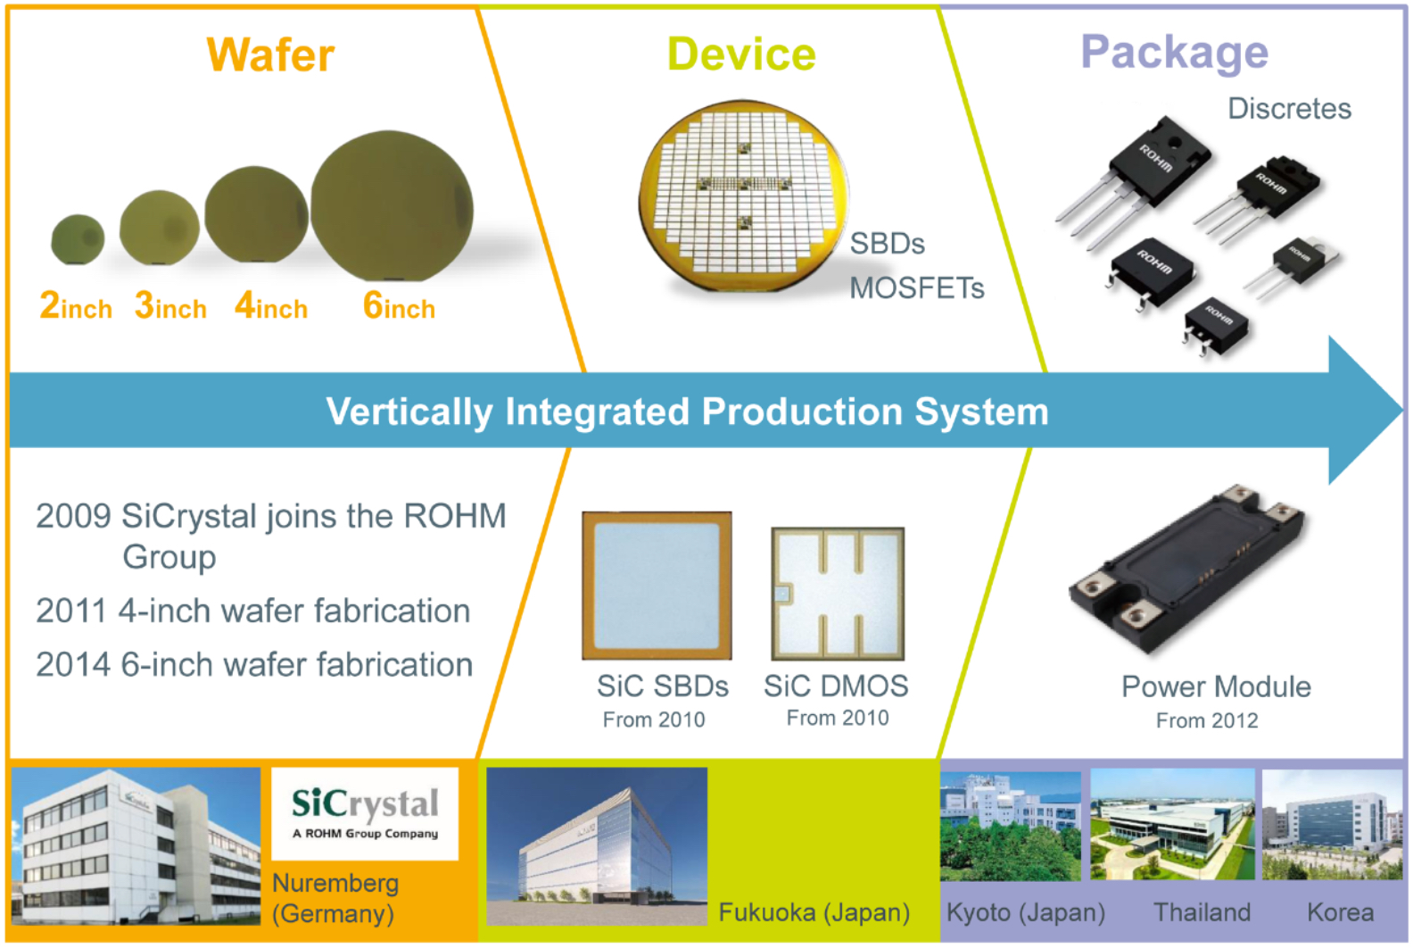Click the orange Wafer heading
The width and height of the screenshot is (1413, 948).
[270, 55]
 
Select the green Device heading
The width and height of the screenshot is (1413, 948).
[741, 54]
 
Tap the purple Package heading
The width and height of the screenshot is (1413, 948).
[1174, 53]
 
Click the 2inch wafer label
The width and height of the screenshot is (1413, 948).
[76, 307]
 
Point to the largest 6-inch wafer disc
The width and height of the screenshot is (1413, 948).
[392, 206]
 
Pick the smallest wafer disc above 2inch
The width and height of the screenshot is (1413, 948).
[78, 239]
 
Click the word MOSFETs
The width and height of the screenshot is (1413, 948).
[916, 288]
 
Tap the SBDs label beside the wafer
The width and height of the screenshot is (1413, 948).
[887, 244]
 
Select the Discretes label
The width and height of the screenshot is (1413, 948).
[1289, 109]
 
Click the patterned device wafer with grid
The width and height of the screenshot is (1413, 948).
[742, 196]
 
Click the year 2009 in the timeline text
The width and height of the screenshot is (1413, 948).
[73, 517]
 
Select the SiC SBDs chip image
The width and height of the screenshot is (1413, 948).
[657, 586]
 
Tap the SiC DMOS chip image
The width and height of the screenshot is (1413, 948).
[838, 593]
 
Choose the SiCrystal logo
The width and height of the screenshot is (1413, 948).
[365, 813]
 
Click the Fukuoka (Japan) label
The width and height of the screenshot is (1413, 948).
[814, 913]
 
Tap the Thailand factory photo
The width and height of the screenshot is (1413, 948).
[1171, 826]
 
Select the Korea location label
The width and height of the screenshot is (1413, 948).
[1340, 913]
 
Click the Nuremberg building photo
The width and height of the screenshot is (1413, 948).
[136, 845]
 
